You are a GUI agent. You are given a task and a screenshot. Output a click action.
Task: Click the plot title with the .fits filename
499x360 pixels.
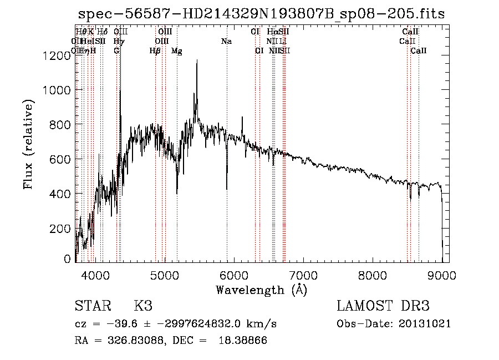pos(261,13)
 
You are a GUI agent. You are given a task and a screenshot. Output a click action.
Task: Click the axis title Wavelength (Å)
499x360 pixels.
pos(261,290)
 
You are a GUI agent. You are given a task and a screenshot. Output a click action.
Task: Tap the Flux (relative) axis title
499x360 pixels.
pos(29,144)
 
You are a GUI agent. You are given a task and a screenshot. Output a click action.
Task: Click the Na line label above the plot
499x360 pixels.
pos(226,42)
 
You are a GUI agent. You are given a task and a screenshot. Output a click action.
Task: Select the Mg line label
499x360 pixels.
pos(176,51)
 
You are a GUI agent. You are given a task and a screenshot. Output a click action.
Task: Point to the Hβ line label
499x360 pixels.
pos(155,51)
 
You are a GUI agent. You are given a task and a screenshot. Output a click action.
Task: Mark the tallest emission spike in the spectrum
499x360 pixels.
pos(196,61)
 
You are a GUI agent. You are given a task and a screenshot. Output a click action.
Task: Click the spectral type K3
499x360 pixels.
pos(142,306)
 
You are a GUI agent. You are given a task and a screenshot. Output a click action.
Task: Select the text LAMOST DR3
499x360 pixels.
pos(383,306)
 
